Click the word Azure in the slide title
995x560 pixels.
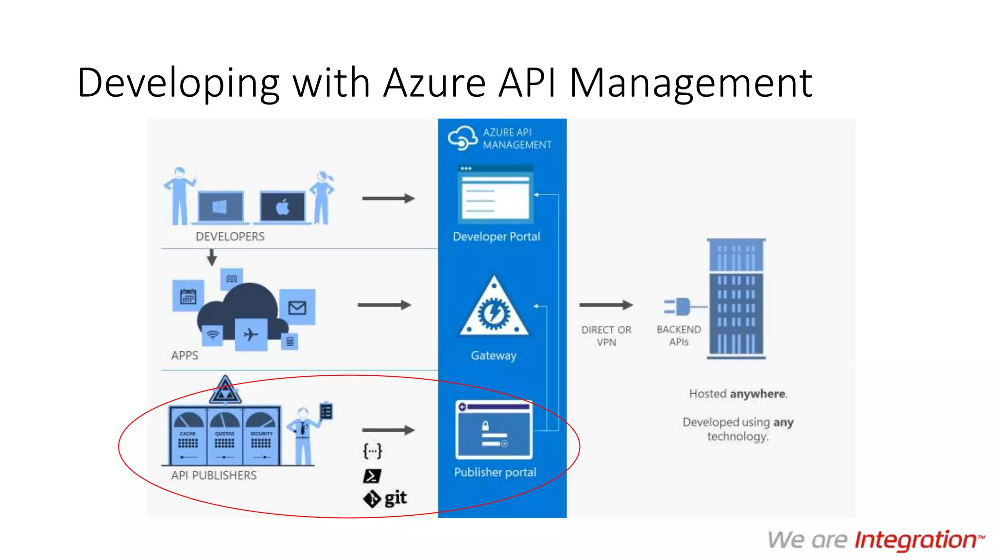[x=434, y=83]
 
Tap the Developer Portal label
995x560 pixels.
[x=496, y=237]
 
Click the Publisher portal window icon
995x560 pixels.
[x=494, y=430]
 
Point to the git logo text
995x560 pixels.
[x=395, y=498]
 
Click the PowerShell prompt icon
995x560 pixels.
[x=372, y=476]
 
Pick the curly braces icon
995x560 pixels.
[x=373, y=451]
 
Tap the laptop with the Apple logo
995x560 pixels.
[x=283, y=207]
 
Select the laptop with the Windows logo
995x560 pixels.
[x=221, y=207]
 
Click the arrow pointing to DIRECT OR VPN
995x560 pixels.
[x=605, y=305]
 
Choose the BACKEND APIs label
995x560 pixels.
[x=678, y=335]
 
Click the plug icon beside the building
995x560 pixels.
[x=679, y=307]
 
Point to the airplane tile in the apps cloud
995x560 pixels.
[x=251, y=334]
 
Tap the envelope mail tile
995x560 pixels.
[x=297, y=308]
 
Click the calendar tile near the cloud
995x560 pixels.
[x=188, y=296]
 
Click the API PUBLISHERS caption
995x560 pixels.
[x=214, y=475]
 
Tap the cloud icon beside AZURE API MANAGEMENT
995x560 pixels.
[x=462, y=138]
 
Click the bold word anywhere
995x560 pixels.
[x=757, y=394]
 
